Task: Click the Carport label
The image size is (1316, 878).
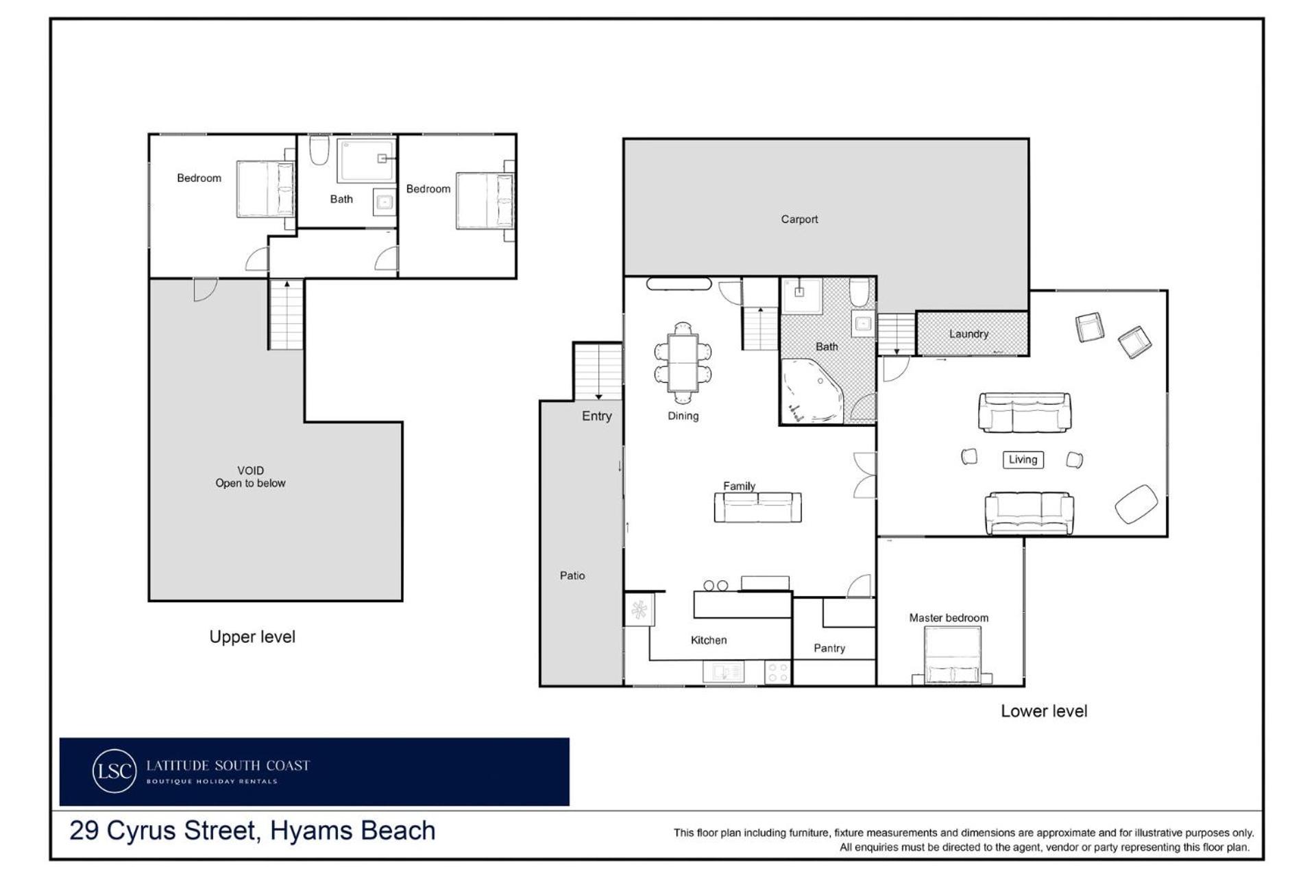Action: coord(799,219)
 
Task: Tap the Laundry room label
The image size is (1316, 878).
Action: coord(968,334)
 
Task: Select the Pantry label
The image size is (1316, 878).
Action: coord(829,648)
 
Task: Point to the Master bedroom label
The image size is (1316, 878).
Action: coord(949,618)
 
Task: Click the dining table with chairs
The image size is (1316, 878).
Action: coord(683,363)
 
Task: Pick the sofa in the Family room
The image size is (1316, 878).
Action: coord(758,508)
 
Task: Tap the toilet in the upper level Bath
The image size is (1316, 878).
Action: coord(319,150)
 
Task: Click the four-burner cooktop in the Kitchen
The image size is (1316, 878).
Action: coord(777,672)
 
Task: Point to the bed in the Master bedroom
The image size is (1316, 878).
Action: coord(953,656)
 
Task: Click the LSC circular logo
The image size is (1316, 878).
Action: coord(114,771)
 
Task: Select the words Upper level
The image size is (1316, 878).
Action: coord(252,637)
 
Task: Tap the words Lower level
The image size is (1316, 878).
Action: coord(1044,711)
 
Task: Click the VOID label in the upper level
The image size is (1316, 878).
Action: coord(250,471)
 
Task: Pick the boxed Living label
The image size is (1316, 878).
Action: coord(1023,460)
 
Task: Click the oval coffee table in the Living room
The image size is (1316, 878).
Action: coord(1136,504)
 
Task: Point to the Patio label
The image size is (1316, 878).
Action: coord(572,576)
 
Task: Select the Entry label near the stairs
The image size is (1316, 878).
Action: coord(596,416)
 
